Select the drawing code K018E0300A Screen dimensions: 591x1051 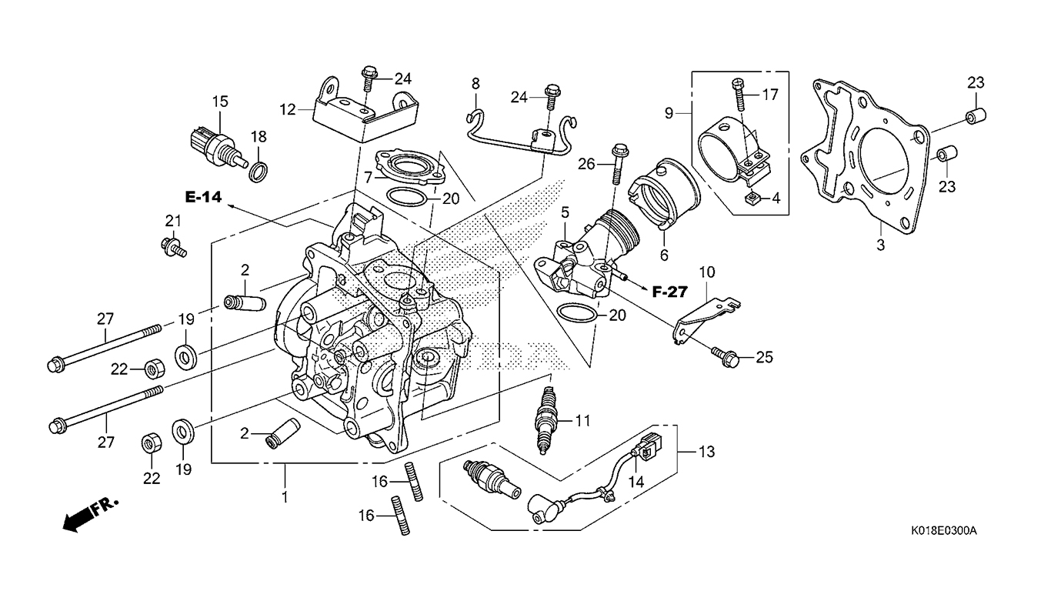pyautogui.click(x=943, y=531)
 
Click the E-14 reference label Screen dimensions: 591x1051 pyautogui.click(x=203, y=198)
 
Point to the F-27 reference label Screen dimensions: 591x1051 pyautogui.click(x=669, y=292)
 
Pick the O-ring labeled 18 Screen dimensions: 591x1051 pyautogui.click(x=259, y=170)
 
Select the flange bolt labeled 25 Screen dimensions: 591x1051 pyautogui.click(x=729, y=356)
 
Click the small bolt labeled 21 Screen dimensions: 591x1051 pyautogui.click(x=172, y=248)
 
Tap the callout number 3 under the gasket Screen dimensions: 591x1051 pyautogui.click(x=881, y=246)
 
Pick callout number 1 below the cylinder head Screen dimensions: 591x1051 pyautogui.click(x=285, y=497)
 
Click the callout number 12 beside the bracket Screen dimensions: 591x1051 pyautogui.click(x=288, y=110)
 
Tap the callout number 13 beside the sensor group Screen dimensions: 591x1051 pyautogui.click(x=706, y=452)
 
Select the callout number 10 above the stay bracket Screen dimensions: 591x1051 pyautogui.click(x=706, y=272)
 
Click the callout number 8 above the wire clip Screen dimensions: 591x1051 pyautogui.click(x=475, y=82)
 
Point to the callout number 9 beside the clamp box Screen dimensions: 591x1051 pyautogui.click(x=669, y=113)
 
